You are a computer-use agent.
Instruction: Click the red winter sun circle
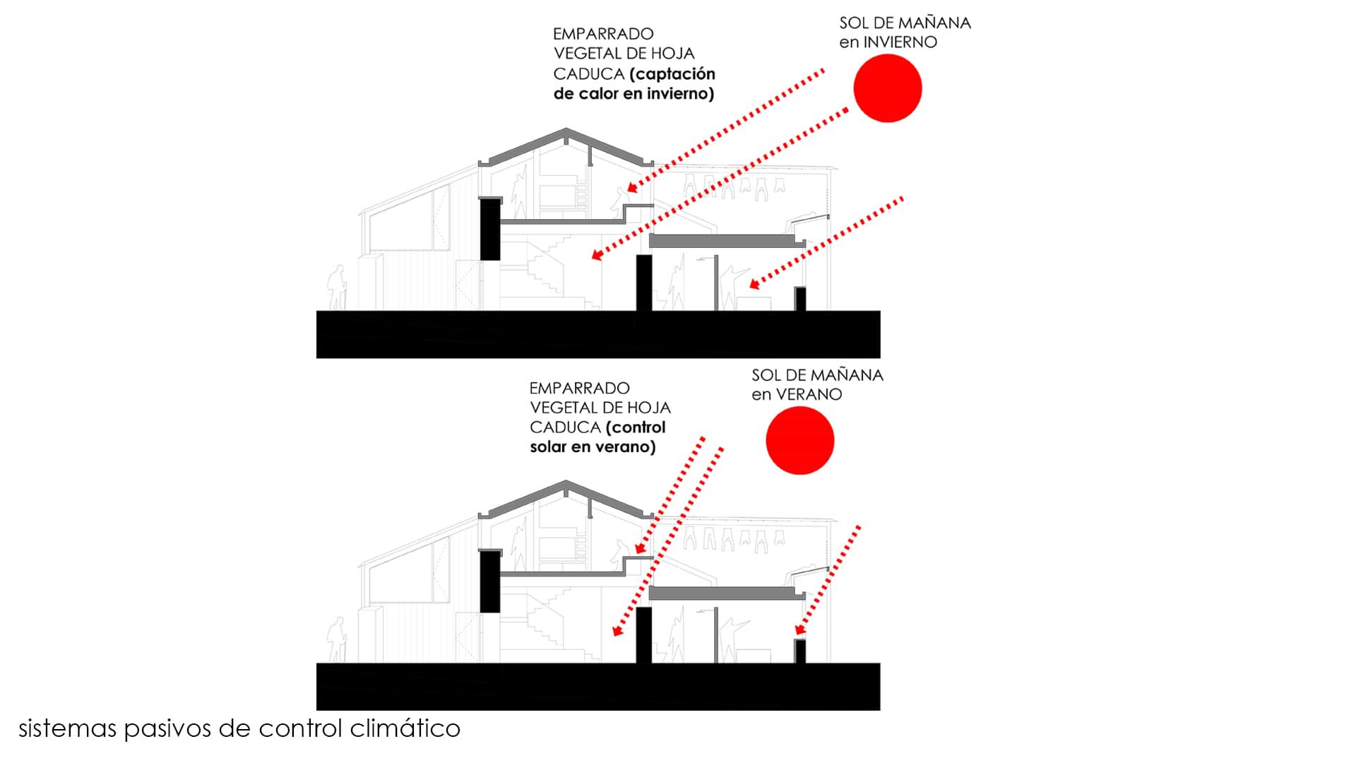887,88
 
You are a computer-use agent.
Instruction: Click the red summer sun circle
799,440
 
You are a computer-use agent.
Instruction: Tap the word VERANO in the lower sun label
809,395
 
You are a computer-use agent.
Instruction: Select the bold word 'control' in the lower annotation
638,427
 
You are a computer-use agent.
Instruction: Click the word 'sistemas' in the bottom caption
68,728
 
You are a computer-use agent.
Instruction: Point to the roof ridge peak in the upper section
566,130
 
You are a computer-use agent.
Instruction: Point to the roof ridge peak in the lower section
566,483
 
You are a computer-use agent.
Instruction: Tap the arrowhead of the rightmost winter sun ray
754,285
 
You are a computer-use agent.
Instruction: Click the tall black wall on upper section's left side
490,229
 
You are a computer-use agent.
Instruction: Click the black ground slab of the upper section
597,334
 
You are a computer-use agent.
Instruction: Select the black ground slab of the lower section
597,686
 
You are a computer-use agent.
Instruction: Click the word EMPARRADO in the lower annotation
579,389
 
